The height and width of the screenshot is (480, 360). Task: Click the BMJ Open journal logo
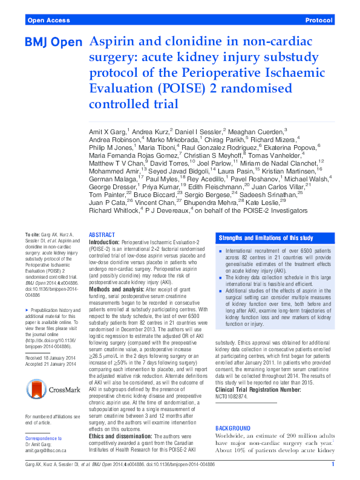[x=53, y=42]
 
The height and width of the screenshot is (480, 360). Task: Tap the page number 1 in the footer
[x=333, y=464]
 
